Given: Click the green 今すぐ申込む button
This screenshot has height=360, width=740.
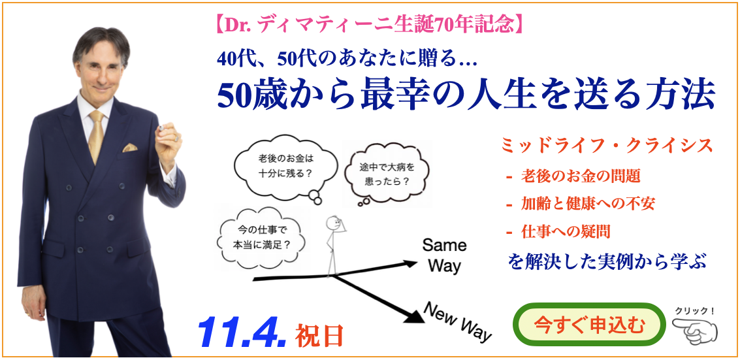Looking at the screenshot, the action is coord(589,325).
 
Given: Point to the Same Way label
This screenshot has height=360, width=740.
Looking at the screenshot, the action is coord(443,255).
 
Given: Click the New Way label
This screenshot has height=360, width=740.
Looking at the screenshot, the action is coord(458,322).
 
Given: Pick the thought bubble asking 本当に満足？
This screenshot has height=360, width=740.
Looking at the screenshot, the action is coord(261,238).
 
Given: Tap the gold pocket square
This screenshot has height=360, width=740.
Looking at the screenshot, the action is coord(130,148).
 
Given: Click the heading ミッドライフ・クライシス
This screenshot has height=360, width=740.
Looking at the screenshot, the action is coord(607,146).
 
